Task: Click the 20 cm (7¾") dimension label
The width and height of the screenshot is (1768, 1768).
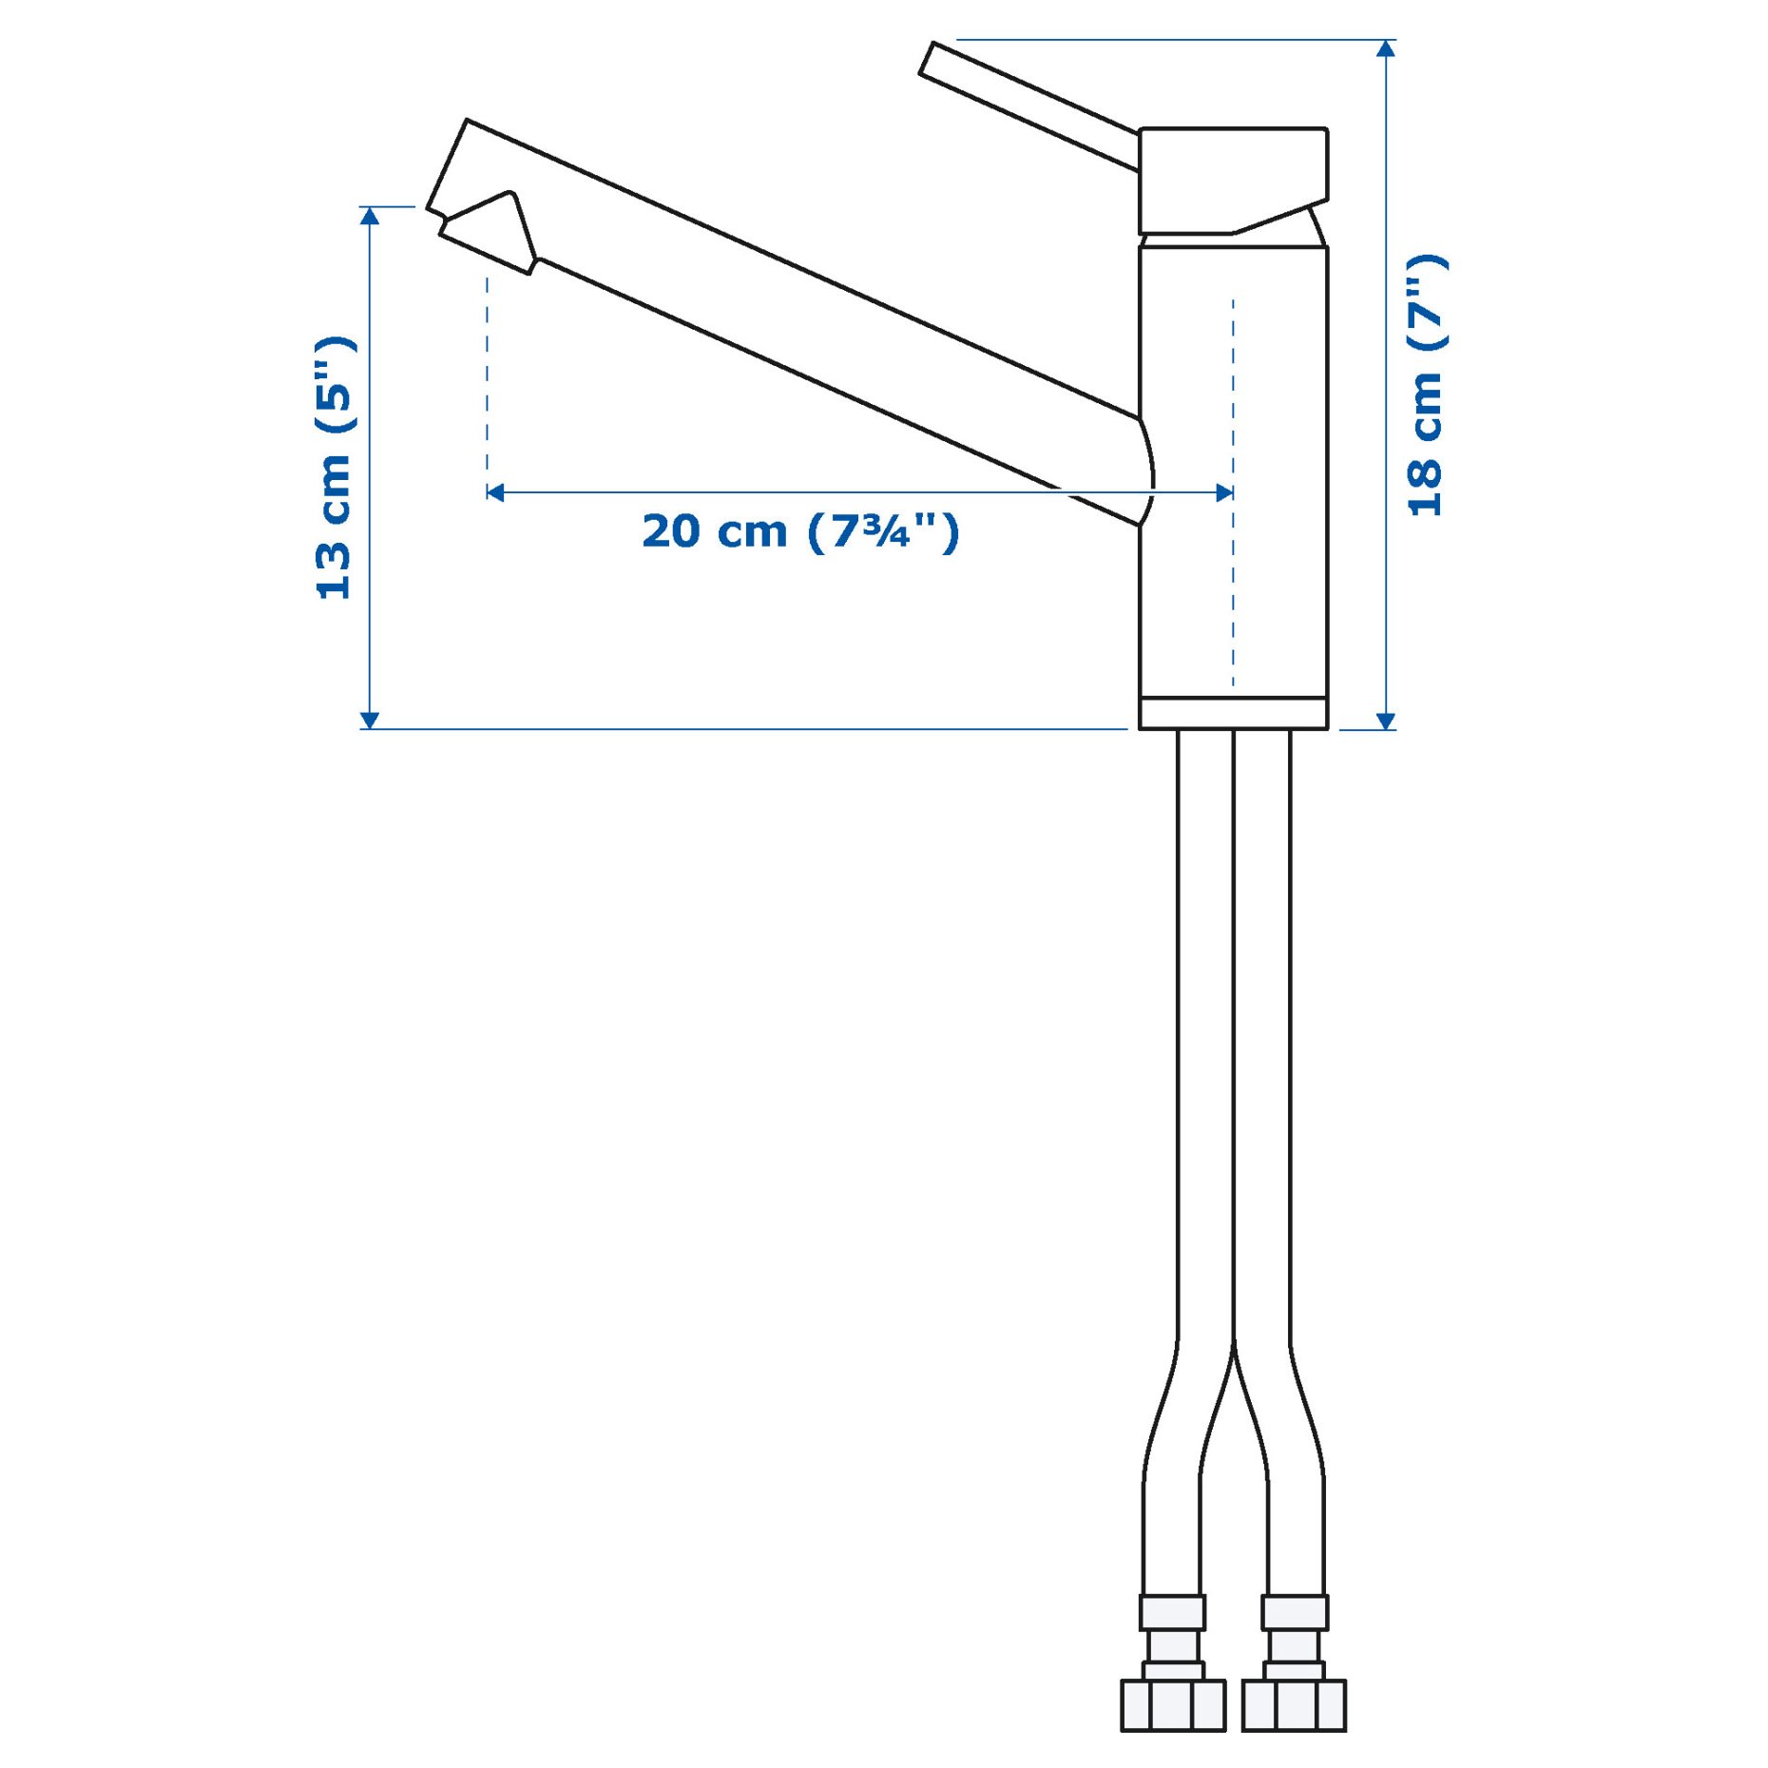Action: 800,530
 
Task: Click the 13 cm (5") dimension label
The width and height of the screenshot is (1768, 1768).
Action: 335,468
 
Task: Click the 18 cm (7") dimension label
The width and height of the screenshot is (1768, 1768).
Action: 1426,386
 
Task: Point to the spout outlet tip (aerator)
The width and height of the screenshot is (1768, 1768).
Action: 487,233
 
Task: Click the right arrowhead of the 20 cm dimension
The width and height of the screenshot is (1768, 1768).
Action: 1225,492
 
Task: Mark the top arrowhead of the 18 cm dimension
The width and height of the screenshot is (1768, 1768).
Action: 1386,48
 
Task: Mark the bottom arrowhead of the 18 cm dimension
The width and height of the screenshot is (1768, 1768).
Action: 1386,721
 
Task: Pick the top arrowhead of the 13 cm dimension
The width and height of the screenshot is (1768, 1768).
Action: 371,216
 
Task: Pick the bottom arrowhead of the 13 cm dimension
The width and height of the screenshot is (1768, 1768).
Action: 371,721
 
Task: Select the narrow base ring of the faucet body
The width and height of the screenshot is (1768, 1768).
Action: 1233,713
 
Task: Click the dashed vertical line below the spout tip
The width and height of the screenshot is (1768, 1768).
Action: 487,380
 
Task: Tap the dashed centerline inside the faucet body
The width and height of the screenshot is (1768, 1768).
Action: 1233,589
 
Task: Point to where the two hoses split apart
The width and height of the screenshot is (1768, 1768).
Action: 1234,1350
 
